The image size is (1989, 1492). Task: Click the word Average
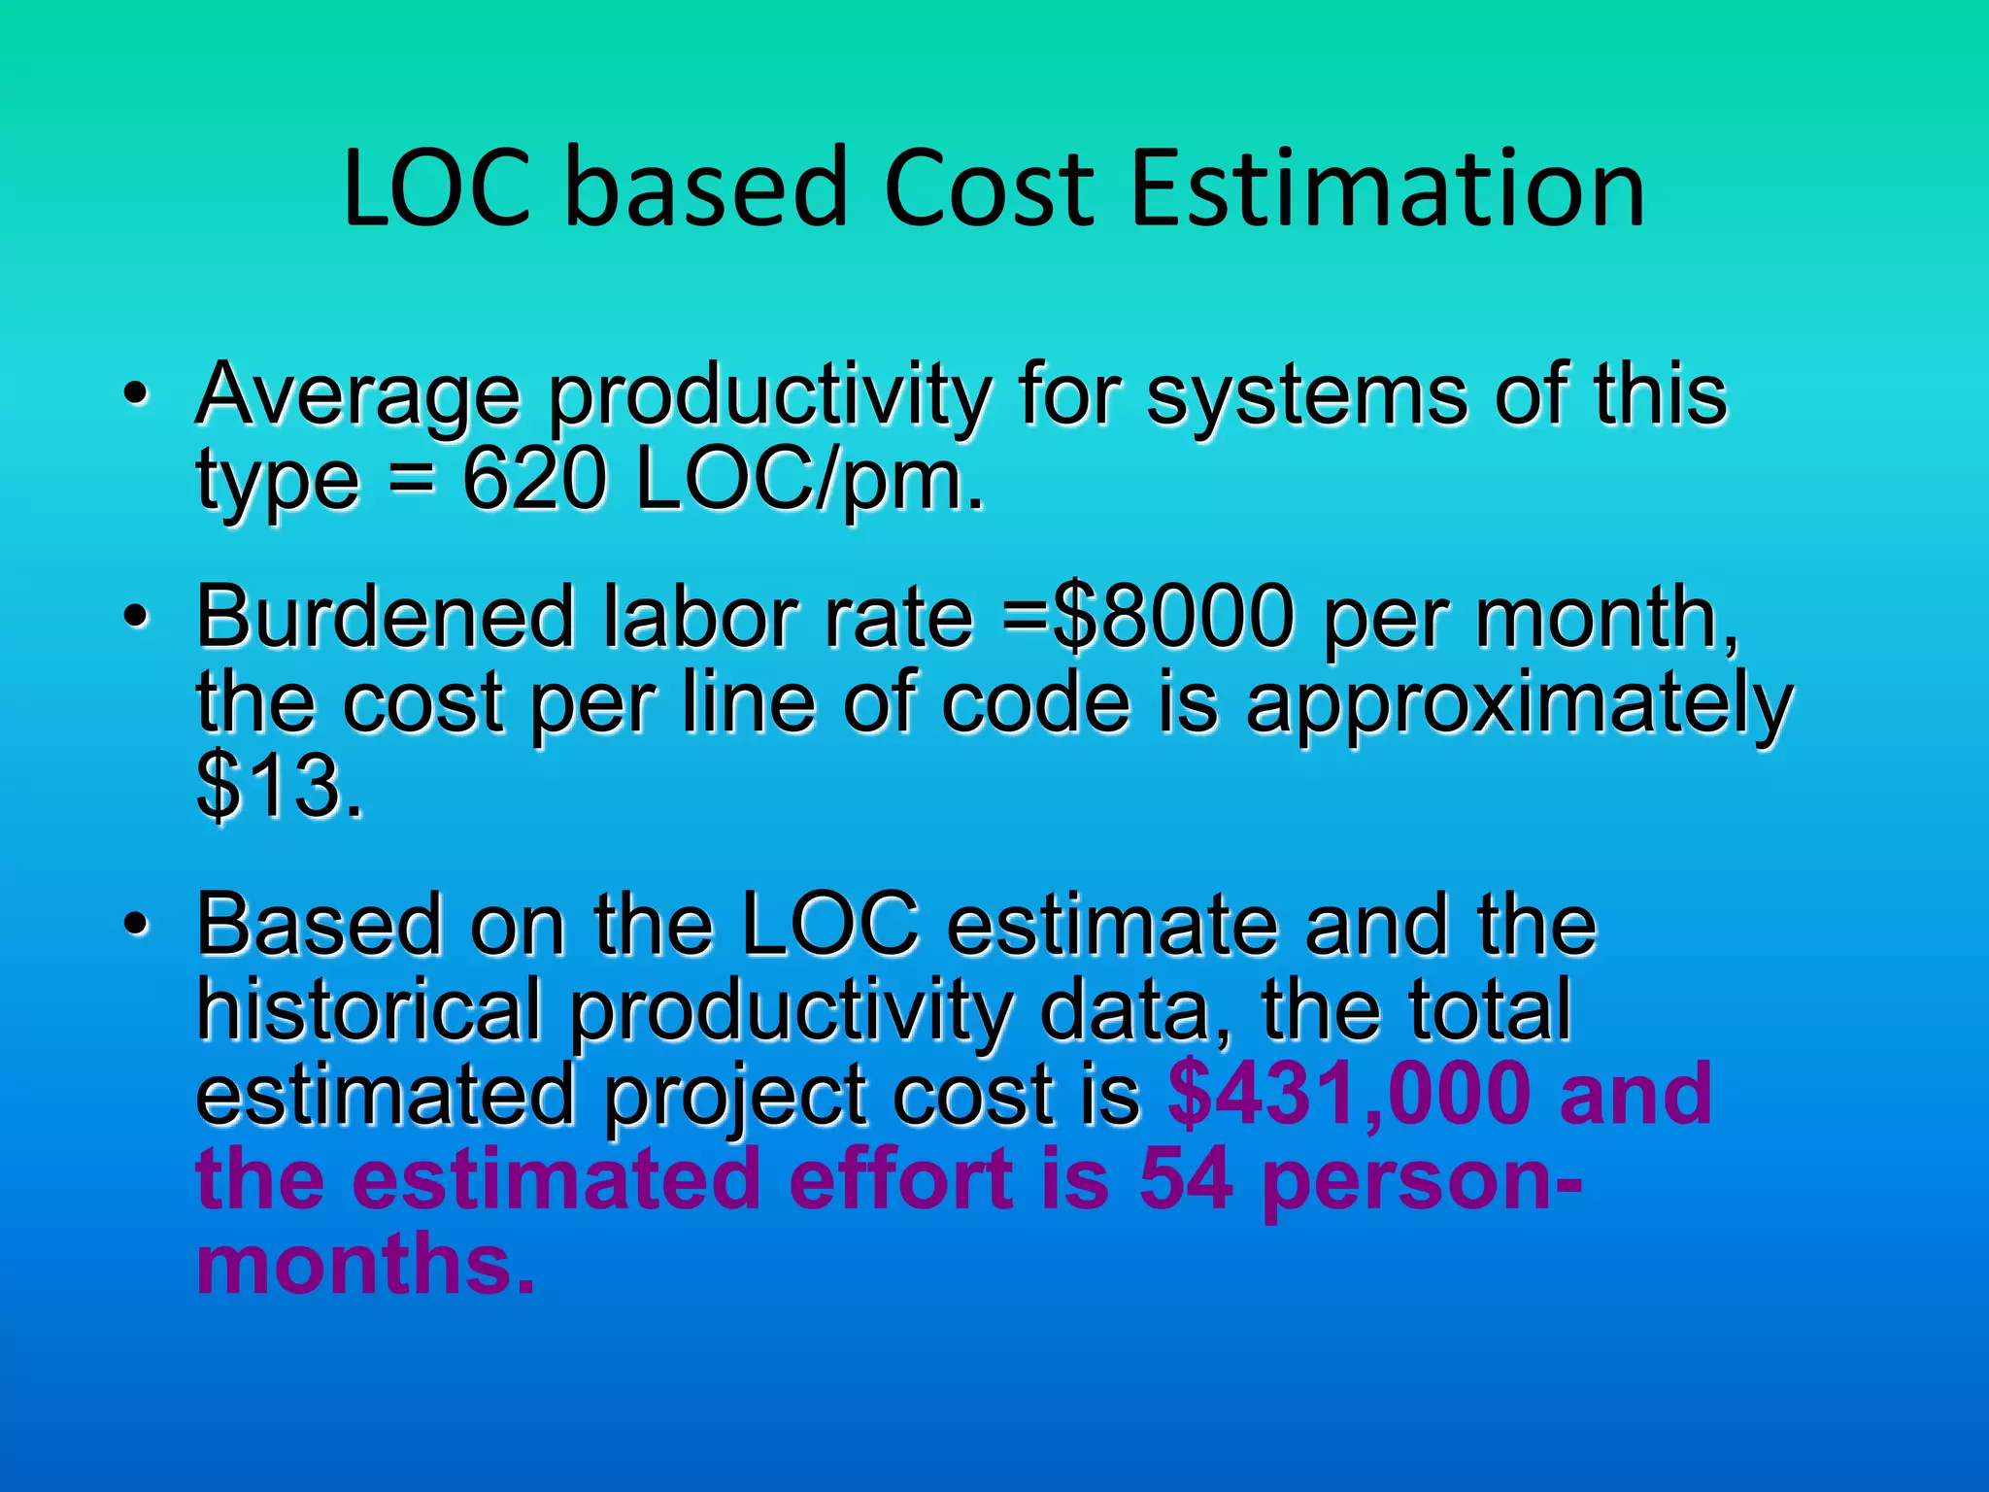click(357, 396)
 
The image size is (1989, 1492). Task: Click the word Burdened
click(387, 617)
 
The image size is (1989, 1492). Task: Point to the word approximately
click(1519, 704)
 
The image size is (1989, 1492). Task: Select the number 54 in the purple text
click(1186, 1179)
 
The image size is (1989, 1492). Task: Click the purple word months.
click(364, 1264)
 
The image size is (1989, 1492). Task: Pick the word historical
click(369, 1010)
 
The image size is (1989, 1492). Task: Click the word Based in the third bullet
click(320, 925)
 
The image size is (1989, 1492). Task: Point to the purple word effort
click(899, 1179)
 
